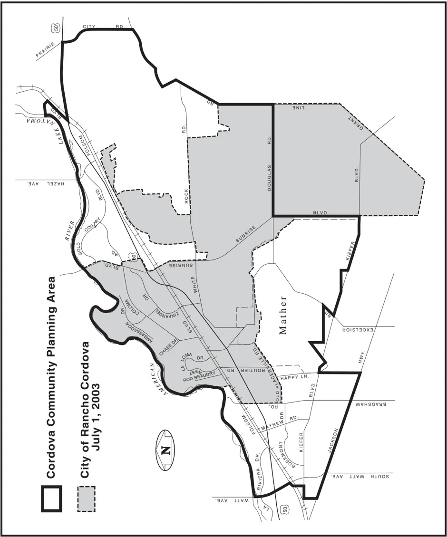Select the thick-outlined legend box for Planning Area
point(51,498)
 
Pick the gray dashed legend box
point(86,498)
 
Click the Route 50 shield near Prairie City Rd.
point(57,29)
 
